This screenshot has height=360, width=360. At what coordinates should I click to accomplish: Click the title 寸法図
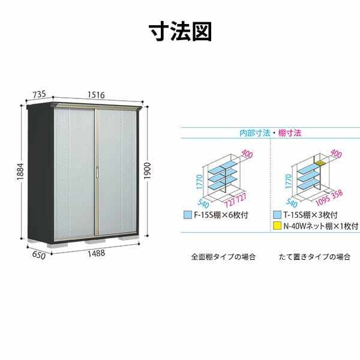pos(180,32)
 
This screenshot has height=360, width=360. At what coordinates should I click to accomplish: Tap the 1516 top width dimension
pos(96,95)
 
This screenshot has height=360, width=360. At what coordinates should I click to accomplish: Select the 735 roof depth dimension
pos(39,94)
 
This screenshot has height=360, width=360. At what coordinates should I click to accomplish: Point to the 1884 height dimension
pos(20,171)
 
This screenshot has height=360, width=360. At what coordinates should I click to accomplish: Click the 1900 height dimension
pos(147,171)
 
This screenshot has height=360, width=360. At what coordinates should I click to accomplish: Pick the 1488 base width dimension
pos(97,253)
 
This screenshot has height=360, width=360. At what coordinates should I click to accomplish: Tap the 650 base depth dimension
pos(39,255)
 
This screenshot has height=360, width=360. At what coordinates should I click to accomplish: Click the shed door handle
pos(97,172)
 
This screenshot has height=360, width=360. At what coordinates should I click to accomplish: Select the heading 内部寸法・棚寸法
pos(270,133)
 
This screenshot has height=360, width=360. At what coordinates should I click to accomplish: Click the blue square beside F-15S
pos(188,215)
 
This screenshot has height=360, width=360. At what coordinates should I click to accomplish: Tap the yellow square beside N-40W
pos(277,226)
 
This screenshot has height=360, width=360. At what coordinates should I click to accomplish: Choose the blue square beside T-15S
pos(277,215)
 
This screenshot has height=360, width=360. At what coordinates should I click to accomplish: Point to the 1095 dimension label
pos(323,200)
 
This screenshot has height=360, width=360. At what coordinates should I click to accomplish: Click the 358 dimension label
pos(337,194)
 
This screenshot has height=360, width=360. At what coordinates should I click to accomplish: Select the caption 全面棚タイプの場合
pos(223,257)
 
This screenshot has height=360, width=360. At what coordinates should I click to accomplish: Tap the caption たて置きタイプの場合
pos(314,257)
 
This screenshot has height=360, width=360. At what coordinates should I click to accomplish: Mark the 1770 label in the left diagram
pos(199,182)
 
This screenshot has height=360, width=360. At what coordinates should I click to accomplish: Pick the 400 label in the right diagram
pos(336,154)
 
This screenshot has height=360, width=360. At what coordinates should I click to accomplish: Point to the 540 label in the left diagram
pos(203,203)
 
